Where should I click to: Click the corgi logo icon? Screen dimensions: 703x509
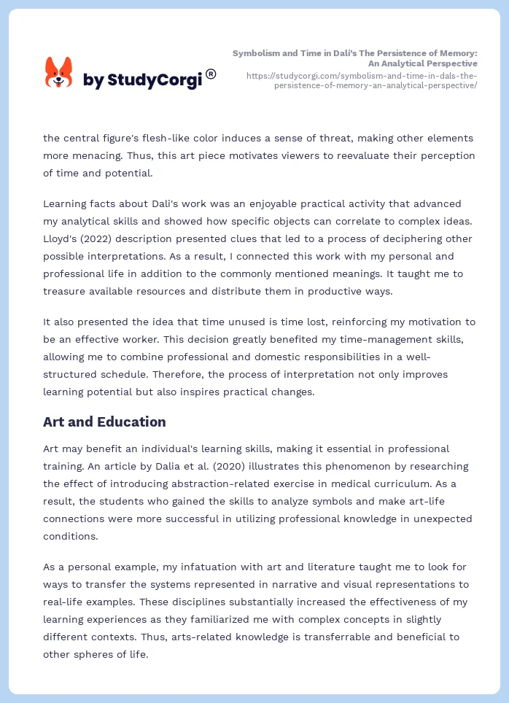(59, 72)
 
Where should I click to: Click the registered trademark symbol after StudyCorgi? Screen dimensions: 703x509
(211, 74)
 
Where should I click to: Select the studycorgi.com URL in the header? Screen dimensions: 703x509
(362, 80)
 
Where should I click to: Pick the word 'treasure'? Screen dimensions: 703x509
(66, 291)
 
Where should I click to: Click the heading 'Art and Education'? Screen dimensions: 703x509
(104, 422)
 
